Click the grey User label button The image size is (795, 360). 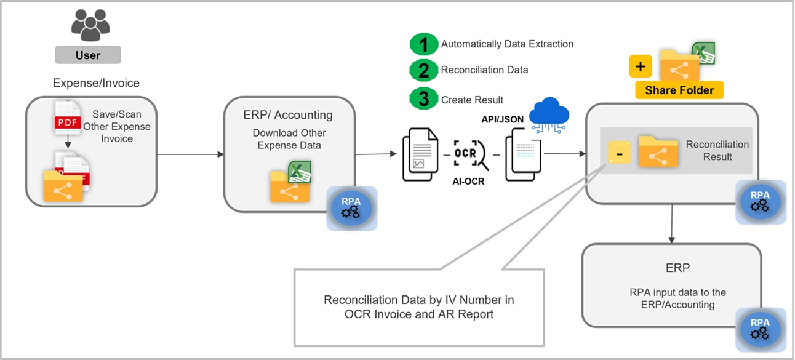pos(88,55)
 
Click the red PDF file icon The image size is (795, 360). pos(68,119)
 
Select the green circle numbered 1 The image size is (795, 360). pos(423,44)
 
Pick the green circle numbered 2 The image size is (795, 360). pos(423,70)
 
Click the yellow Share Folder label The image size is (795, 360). pos(679,90)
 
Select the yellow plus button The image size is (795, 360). pos(640,66)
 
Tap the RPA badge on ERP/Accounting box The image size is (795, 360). pos(351,208)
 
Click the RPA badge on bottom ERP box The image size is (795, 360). pos(761,330)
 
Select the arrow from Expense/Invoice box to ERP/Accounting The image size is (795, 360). pos(190,154)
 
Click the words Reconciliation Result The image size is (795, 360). pos(717,151)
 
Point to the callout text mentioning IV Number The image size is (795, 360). pos(419,306)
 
